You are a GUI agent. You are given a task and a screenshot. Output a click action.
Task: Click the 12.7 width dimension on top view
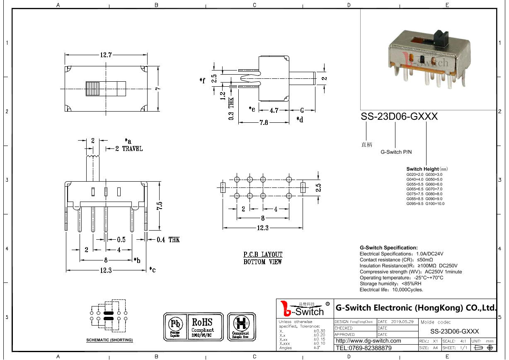(106, 55)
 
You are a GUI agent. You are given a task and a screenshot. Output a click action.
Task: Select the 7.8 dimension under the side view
(263, 122)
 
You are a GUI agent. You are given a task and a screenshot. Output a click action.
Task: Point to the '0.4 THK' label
(168, 240)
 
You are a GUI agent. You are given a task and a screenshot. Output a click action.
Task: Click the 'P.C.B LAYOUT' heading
(263, 254)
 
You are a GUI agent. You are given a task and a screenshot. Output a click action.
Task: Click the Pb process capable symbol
(175, 326)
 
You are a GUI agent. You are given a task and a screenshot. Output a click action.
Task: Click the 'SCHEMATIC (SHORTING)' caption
(109, 340)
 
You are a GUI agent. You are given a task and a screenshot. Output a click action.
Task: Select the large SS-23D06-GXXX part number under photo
(399, 117)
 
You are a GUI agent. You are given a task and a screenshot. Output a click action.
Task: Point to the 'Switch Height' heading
(423, 169)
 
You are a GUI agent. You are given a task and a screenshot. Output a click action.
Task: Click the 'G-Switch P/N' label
(396, 152)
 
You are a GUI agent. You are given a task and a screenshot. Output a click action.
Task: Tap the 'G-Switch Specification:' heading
(388, 248)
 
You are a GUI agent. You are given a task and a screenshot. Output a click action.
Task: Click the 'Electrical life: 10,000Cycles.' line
(391, 290)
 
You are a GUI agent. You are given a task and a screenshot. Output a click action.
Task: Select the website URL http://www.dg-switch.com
(368, 341)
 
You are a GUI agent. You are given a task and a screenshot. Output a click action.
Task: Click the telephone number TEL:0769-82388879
(364, 348)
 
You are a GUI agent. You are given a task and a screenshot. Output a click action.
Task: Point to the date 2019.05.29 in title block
(402, 321)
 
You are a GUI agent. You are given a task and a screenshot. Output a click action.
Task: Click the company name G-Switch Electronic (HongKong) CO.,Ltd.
(415, 308)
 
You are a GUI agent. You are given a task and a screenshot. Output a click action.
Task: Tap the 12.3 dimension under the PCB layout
(263, 228)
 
